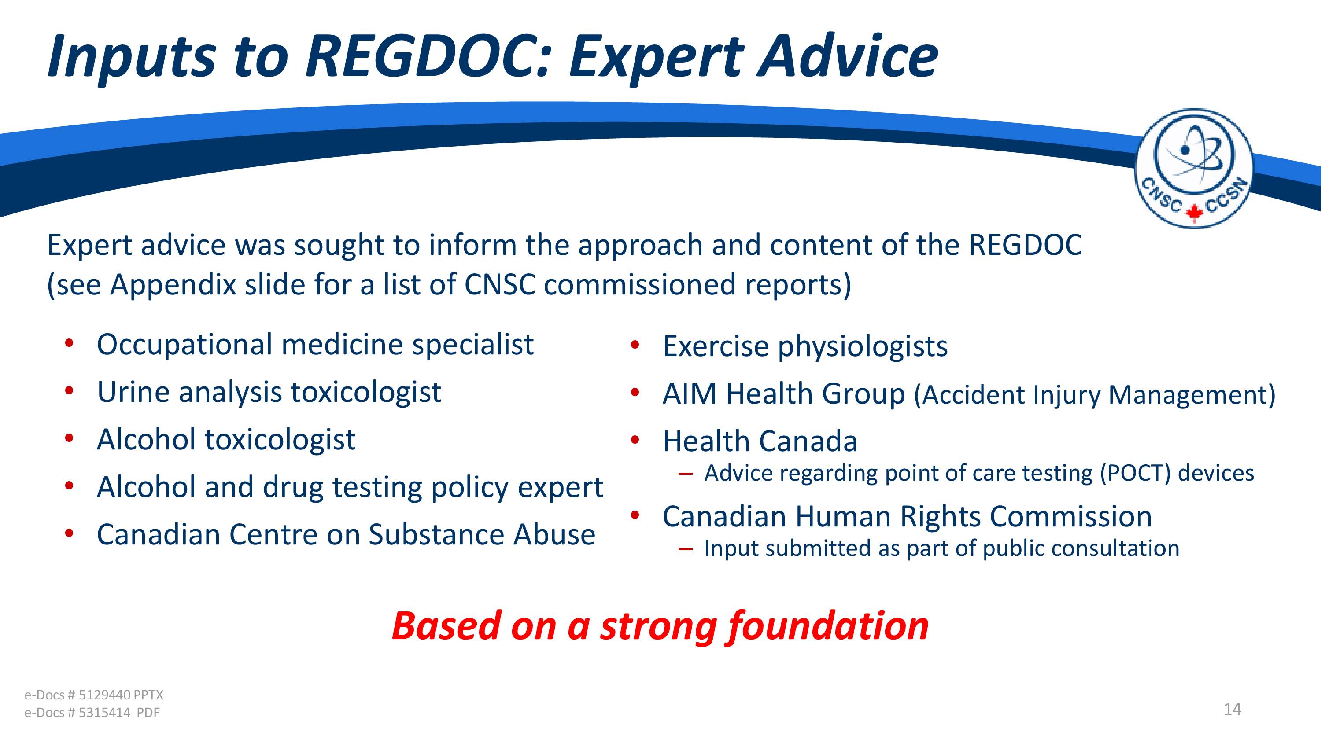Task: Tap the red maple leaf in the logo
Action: point(1194,212)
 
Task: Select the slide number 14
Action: point(1232,709)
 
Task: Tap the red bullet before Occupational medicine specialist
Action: point(69,343)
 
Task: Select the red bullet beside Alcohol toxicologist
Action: point(69,438)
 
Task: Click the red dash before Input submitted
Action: point(685,548)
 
